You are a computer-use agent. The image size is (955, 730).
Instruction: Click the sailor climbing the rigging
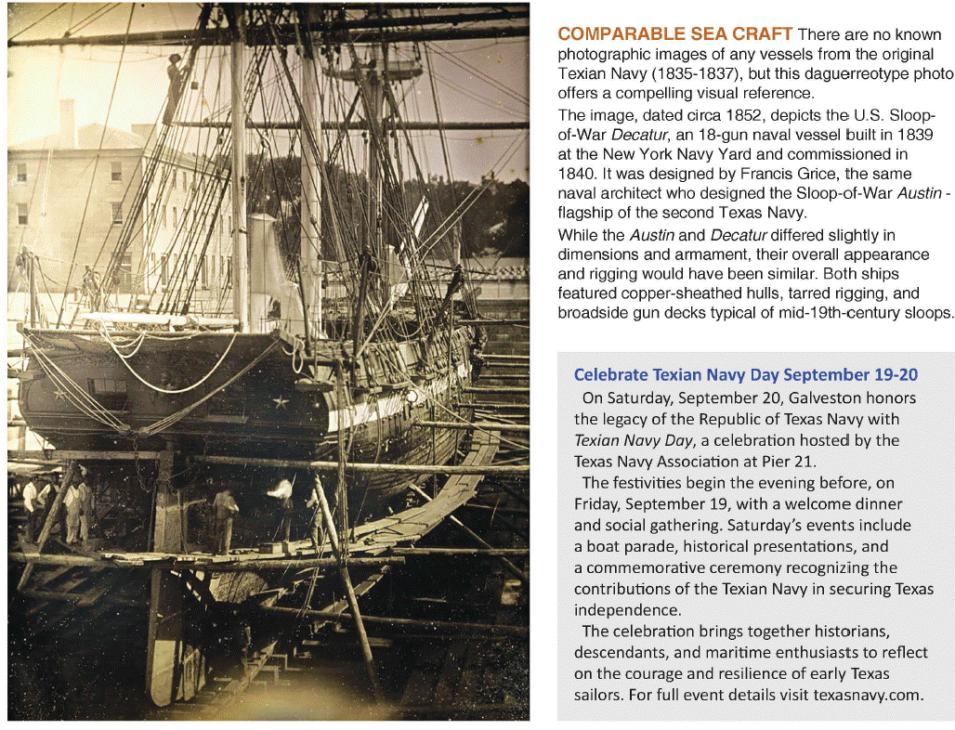(174, 88)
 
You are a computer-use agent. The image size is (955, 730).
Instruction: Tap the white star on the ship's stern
(279, 401)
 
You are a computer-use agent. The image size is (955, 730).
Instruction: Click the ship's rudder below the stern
(167, 613)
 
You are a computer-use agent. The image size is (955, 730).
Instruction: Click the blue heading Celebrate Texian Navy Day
(675, 374)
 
